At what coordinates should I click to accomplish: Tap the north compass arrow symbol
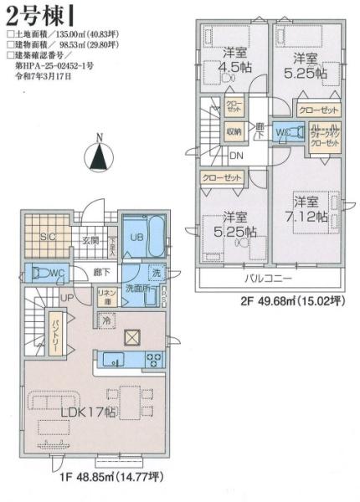point(99,155)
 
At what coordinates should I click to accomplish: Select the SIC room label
point(48,238)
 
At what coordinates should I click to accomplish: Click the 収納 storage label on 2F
point(233,131)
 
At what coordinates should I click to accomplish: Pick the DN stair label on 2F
point(237,156)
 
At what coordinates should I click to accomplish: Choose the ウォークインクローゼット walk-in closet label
point(323,135)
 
